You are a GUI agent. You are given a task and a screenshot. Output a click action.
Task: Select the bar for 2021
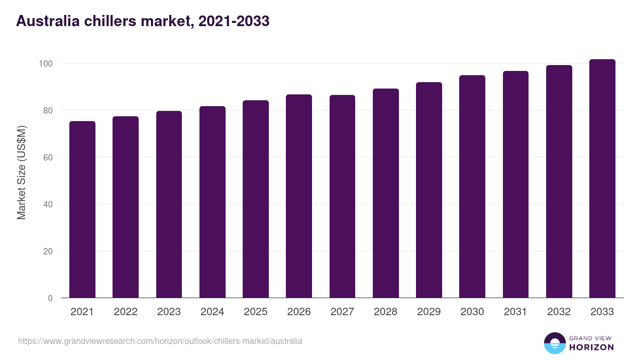(82, 210)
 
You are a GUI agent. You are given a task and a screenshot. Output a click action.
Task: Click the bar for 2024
(212, 202)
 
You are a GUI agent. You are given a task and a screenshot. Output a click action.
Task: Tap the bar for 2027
(342, 196)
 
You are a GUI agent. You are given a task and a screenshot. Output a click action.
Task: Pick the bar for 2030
(472, 187)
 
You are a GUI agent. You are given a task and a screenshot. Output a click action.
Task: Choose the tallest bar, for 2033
(602, 179)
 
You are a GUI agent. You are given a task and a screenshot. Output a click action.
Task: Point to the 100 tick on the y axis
(46, 63)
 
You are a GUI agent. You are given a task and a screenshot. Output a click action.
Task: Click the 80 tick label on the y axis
(48, 110)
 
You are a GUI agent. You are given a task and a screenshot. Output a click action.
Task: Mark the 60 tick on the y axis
(48, 157)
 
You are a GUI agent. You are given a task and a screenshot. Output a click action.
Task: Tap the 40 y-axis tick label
(48, 204)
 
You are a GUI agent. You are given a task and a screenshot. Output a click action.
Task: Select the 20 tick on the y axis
(48, 251)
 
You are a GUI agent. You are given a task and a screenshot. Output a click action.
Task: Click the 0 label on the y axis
(50, 298)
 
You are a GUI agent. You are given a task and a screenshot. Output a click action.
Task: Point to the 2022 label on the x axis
(125, 312)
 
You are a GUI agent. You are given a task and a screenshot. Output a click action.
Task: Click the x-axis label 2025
(255, 312)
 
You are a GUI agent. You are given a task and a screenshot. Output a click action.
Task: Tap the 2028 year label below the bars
(386, 312)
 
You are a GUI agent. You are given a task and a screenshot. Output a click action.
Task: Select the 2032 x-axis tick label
(559, 312)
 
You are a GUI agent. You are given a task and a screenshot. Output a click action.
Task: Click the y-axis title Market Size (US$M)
(21, 172)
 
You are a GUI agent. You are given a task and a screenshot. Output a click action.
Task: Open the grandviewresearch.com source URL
(160, 341)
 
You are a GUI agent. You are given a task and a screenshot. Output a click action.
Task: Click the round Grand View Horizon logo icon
(554, 343)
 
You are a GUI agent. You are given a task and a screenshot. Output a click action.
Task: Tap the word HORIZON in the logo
(591, 347)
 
